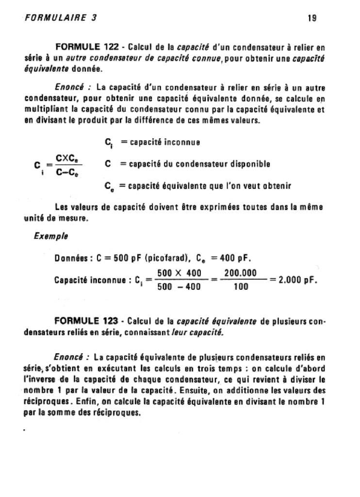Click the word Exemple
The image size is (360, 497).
point(50,236)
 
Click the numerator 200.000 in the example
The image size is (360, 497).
point(241,273)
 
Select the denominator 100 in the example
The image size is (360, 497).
point(241,287)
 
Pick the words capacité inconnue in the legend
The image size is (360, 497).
point(161,142)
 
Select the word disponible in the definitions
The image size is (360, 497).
point(246,164)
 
